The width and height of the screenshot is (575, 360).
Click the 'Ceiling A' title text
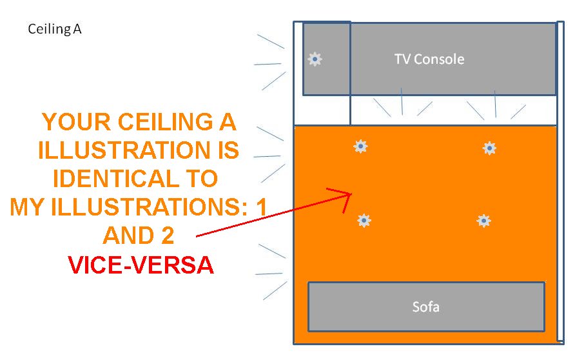point(55,30)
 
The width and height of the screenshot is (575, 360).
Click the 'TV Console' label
point(429,59)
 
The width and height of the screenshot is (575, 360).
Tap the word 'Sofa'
point(425,306)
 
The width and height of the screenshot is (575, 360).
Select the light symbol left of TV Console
point(315,59)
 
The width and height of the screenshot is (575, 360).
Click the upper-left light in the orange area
point(360,147)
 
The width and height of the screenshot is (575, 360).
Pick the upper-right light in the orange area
point(490,148)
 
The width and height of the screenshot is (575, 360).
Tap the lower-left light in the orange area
point(364,221)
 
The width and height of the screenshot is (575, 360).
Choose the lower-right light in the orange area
point(483,221)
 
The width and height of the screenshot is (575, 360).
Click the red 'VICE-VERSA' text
point(141,265)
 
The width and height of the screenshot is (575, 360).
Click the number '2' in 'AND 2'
point(168,235)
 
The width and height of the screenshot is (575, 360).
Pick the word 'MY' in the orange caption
point(26,206)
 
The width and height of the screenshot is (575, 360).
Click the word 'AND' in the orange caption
point(127,235)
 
